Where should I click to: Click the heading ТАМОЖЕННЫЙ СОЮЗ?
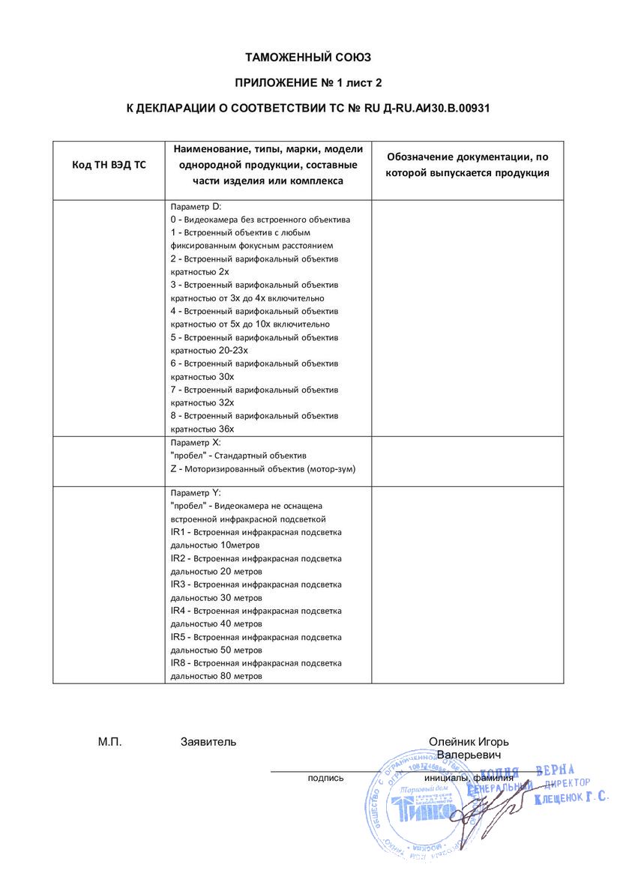[x=308, y=57]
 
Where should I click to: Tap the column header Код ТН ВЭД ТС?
[x=109, y=165]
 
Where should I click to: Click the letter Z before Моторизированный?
[x=173, y=468]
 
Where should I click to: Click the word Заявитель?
[x=208, y=742]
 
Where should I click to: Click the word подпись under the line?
[x=325, y=778]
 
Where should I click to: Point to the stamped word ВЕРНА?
[x=555, y=770]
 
